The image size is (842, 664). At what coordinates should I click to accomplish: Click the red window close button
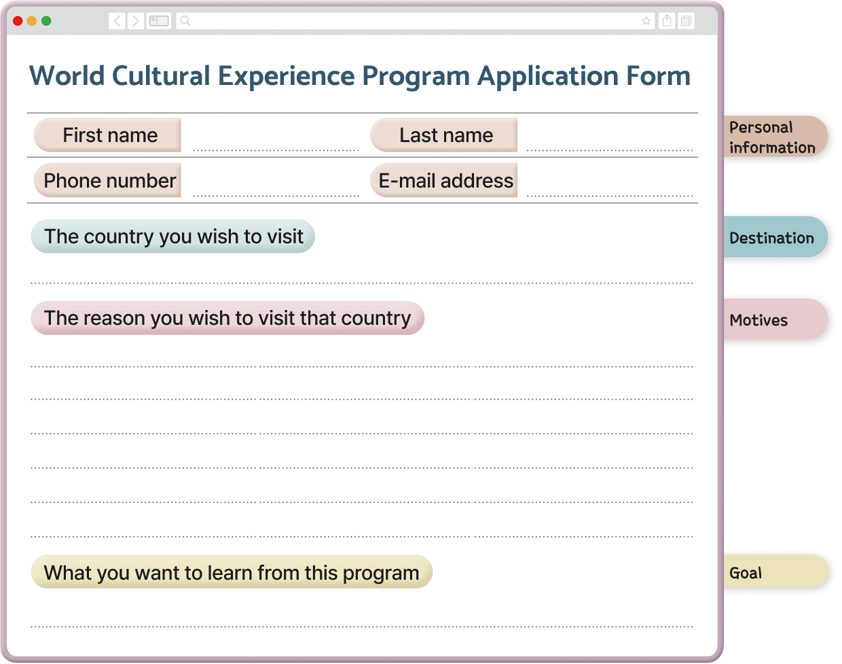tap(18, 21)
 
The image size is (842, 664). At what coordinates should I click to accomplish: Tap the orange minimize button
tap(32, 21)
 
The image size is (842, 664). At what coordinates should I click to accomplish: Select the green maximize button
tap(46, 21)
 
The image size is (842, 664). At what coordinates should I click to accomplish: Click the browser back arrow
tap(117, 21)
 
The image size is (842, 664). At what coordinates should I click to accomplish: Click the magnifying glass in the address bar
tap(185, 20)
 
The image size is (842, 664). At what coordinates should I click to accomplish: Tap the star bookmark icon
tap(646, 21)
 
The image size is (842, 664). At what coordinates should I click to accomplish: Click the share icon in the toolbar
tap(667, 20)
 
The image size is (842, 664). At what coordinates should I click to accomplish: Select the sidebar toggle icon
tap(159, 21)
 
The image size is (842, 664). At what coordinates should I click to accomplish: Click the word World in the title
tap(67, 75)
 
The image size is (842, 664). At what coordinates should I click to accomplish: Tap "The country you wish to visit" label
tap(173, 237)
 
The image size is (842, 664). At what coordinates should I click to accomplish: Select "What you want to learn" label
tap(232, 572)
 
